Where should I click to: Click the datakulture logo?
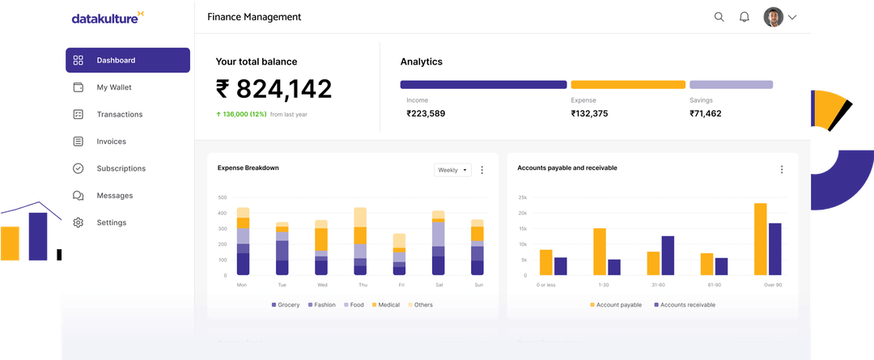tap(108, 18)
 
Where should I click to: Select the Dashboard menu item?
tap(128, 61)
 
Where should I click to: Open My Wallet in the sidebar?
tap(113, 87)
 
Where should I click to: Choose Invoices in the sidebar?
tap(111, 142)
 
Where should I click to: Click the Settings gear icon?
tap(78, 222)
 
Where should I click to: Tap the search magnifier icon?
tap(719, 17)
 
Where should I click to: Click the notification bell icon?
tap(744, 17)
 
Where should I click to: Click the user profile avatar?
tap(773, 17)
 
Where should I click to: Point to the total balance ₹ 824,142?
tap(274, 89)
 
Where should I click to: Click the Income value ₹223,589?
tap(426, 113)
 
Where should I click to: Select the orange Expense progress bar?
tap(628, 84)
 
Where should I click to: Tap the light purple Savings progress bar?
tap(731, 84)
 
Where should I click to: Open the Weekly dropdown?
tap(452, 170)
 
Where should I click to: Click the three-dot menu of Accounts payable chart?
tap(781, 169)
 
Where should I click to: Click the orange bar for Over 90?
tap(760, 239)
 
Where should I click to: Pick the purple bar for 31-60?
tap(668, 256)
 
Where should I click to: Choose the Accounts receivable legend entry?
tap(684, 305)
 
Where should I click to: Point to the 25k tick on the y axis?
tap(522, 197)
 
